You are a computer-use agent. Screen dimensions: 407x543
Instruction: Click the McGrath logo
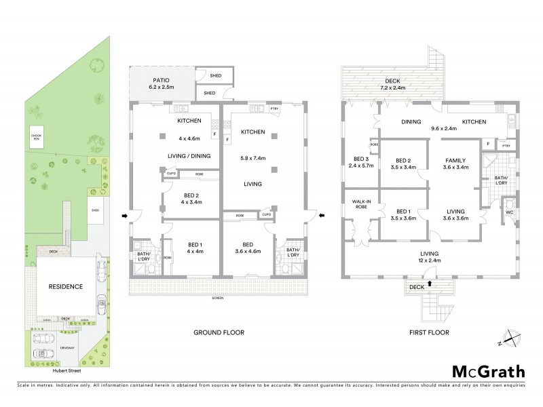point(488,371)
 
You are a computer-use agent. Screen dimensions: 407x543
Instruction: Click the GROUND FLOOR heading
point(219,332)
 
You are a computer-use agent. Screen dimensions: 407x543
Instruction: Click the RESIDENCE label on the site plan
point(65,286)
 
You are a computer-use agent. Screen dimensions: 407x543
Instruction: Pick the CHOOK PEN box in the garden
point(37,136)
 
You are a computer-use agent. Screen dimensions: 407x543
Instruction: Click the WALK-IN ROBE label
point(360,205)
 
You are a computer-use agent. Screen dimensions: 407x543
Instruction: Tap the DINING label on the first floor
point(411,122)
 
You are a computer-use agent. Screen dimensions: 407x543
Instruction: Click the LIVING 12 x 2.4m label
point(428,256)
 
